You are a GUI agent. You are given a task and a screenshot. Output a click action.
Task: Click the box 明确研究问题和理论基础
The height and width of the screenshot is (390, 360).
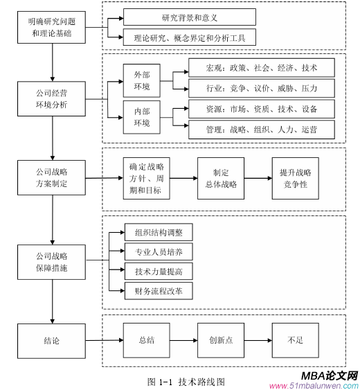point(53,29)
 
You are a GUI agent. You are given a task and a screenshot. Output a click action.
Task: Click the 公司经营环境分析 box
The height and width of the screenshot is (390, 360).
point(53,98)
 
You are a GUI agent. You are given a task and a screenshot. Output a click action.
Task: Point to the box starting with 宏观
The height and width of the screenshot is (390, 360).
point(261,68)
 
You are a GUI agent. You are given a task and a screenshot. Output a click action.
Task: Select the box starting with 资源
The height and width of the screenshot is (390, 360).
point(261,109)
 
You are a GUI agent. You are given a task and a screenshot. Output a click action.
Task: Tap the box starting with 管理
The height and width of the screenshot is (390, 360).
point(261,129)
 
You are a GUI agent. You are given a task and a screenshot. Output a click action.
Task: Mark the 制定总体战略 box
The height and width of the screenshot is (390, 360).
point(222,178)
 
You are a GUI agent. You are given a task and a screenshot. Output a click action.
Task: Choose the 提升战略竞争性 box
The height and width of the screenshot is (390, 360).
point(296,178)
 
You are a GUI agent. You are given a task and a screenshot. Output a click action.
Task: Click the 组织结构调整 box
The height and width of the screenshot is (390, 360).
point(159,232)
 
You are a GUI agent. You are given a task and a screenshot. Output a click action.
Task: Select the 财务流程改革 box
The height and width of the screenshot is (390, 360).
point(159,290)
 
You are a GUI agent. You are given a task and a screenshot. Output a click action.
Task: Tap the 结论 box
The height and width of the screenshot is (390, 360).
point(53,341)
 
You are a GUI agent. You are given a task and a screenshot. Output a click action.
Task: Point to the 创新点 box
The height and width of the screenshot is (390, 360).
point(222,341)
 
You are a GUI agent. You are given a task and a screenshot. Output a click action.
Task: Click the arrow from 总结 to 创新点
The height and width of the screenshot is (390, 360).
point(183,341)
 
